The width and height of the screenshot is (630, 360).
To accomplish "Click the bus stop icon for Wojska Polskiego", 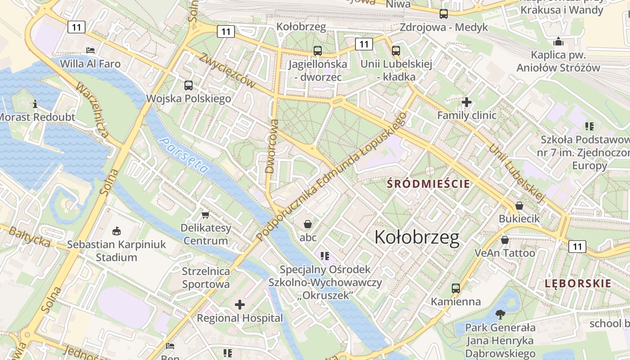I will (189, 85).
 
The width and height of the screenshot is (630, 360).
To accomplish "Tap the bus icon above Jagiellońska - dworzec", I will (318, 51).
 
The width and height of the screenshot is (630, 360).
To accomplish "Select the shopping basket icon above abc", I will (308, 224).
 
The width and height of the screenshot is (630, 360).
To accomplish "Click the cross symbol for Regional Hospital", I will (240, 305).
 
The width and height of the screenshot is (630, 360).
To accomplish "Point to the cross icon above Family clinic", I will (467, 102).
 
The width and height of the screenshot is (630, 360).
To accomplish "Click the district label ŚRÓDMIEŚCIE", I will (428, 184).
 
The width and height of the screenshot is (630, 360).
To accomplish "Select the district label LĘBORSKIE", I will (578, 283).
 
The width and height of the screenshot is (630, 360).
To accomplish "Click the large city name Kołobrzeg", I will (417, 238).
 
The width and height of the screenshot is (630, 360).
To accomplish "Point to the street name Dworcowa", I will (271, 146).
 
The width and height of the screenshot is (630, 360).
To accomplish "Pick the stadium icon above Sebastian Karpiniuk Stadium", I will (117, 231).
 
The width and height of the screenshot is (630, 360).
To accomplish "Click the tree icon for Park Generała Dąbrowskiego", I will (500, 314).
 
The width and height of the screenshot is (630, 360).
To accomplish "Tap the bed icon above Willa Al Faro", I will (90, 50).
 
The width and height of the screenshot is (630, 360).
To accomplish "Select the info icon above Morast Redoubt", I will (36, 104).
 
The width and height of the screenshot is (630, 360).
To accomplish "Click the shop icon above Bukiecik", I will (519, 206).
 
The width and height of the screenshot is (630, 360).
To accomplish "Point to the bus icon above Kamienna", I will (456, 288).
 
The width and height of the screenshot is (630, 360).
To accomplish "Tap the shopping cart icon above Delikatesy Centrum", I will (206, 215).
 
